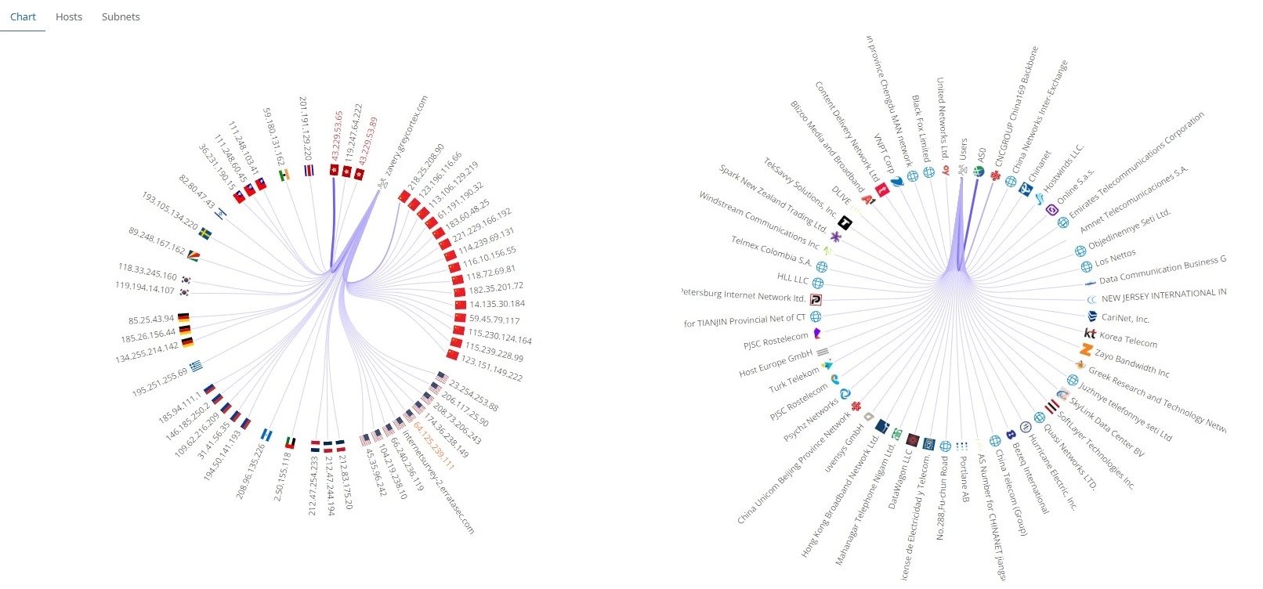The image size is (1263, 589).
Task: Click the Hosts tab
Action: pos(69,16)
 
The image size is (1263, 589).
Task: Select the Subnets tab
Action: pos(121,16)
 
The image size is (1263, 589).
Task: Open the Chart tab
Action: pos(23,16)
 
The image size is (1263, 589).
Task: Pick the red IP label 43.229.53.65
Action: pos(338,137)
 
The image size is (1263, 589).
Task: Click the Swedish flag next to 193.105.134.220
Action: pos(205,233)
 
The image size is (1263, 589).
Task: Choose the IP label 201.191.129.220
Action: pos(306,128)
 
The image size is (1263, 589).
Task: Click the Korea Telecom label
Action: pos(1128,338)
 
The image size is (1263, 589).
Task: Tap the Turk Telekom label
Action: pos(794,381)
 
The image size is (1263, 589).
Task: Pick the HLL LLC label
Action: pos(792,279)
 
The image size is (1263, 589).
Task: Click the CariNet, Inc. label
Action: pos(1125,319)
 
